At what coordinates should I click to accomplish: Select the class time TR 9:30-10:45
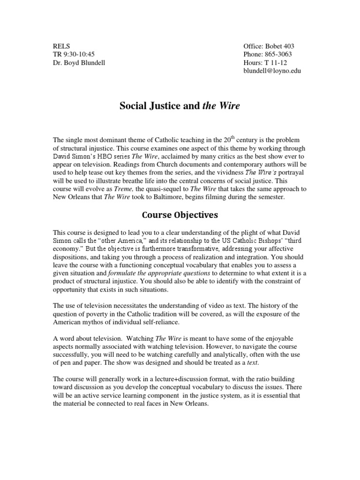click(x=74, y=54)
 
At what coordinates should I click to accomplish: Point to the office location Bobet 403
click(x=280, y=46)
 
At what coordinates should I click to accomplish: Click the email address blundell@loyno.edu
click(x=272, y=71)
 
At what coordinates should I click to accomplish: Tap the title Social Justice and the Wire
click(x=180, y=106)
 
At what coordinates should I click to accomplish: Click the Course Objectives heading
click(x=180, y=215)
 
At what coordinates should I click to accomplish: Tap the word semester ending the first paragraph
click(x=266, y=197)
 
